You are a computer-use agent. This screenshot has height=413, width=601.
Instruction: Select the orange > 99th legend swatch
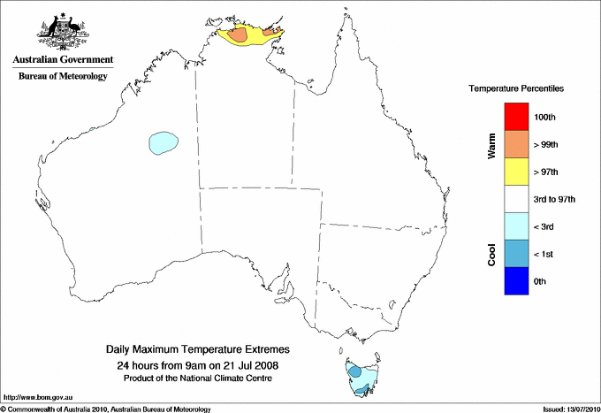pos(517,144)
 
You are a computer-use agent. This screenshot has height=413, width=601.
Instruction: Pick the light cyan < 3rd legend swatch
pos(517,226)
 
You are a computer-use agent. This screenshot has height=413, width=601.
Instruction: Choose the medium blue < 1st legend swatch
pos(517,254)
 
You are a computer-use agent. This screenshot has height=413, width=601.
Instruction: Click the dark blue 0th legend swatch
pos(517,281)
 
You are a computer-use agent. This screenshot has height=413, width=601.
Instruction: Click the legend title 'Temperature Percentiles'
pos(516,90)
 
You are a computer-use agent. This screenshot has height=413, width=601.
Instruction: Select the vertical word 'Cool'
pos(491,254)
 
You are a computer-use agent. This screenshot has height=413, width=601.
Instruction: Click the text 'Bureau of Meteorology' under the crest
pos(62,77)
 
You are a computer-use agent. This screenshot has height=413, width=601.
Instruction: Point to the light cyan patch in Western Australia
pos(164,141)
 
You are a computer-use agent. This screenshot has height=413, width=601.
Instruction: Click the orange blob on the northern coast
pos(240,36)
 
